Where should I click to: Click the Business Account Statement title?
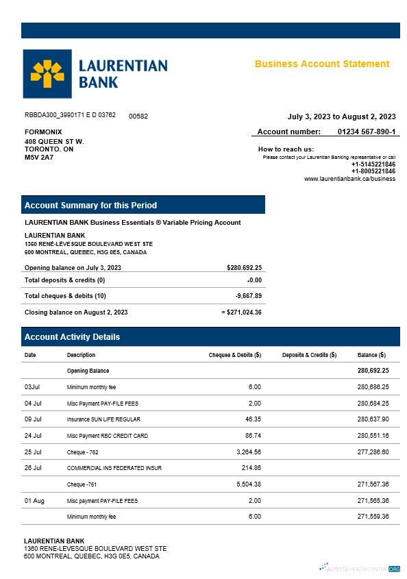(322, 64)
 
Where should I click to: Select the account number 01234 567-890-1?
(367, 131)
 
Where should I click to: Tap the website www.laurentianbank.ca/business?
(349, 179)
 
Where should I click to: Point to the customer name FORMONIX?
(43, 132)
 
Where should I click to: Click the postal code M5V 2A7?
(39, 158)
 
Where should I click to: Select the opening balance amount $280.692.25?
(244, 267)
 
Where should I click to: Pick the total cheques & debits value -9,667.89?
(248, 296)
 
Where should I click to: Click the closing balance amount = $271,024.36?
(242, 312)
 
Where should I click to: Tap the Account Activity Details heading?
(72, 337)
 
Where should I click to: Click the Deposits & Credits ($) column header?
(309, 355)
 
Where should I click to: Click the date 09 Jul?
(33, 419)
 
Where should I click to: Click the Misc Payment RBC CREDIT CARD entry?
(107, 435)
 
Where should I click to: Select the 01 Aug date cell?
(34, 501)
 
